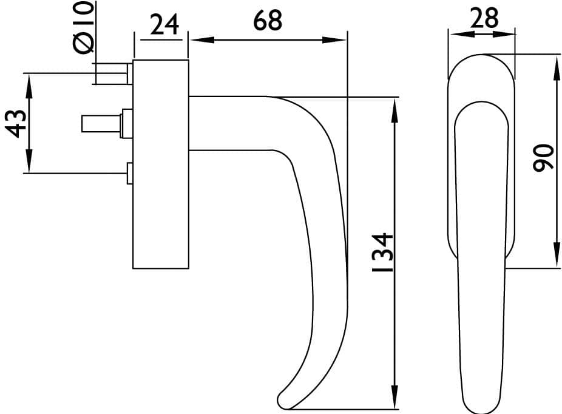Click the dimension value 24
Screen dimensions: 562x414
164,25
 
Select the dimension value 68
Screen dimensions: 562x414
268,21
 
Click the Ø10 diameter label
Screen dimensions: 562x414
84,27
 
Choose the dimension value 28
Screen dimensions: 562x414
484,18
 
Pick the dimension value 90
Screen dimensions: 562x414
544,158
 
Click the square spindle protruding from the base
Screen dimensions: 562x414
101,124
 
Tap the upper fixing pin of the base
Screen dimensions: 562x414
112,73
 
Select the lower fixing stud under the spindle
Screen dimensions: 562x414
130,174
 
